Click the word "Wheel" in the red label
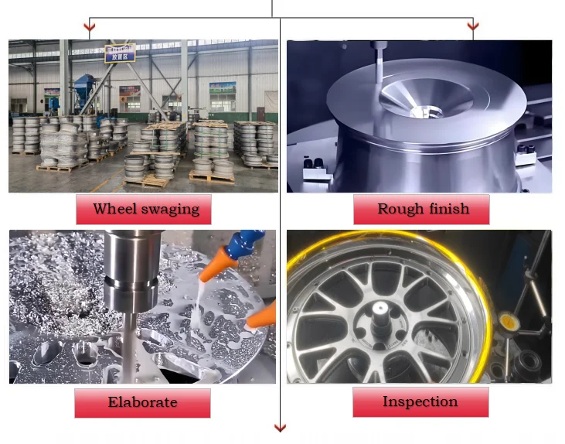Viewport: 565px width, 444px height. pos(114,209)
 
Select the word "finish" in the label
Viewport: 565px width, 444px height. pos(447,209)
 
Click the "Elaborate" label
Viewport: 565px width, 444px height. pos(142,402)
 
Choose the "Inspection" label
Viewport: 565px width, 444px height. pos(420,401)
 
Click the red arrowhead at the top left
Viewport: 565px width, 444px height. pos(90,29)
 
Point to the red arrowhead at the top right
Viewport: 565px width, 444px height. pos(472,29)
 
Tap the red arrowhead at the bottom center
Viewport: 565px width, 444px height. pos(280,428)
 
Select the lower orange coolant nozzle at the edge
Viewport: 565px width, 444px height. pos(262,314)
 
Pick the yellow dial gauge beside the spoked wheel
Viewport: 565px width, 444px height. pos(507,319)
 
